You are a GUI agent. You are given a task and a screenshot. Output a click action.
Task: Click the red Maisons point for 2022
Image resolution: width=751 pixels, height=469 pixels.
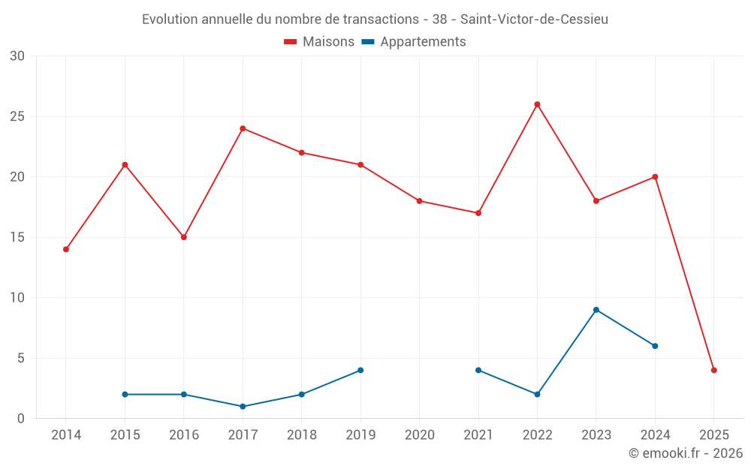pos(537,104)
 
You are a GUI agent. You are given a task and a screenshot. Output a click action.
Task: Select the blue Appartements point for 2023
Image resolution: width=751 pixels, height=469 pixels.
pos(596,310)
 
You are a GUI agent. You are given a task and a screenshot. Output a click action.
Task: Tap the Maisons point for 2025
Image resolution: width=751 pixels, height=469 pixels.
pos(714,370)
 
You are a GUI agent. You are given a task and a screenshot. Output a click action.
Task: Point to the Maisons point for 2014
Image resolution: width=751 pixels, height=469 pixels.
pos(66,249)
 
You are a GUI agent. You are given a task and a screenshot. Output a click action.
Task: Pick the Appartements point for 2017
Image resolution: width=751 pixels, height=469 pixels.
pos(243,407)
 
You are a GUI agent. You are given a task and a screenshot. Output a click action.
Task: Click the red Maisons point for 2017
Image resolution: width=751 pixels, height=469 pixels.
pos(243,128)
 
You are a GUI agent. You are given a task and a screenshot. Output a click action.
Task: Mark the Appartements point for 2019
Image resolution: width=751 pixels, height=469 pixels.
pos(360,370)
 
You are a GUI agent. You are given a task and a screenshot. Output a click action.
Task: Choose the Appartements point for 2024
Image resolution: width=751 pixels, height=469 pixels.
pos(655,346)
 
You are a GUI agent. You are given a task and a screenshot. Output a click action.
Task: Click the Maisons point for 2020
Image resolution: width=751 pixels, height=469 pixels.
pos(419,201)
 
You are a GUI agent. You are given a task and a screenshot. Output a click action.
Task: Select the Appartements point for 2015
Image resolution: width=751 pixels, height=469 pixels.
pos(125,395)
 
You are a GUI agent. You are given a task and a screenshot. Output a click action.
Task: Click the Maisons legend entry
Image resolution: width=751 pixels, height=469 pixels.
pos(319,42)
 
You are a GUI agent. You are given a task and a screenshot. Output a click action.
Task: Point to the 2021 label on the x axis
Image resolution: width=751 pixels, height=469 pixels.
pos(478,435)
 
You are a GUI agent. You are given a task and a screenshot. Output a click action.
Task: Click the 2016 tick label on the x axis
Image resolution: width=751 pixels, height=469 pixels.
pos(184,435)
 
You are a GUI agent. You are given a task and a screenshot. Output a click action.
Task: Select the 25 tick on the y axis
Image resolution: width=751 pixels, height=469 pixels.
pos(17,116)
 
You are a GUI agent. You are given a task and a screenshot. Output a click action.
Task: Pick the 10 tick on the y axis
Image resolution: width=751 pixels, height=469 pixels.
pos(17,298)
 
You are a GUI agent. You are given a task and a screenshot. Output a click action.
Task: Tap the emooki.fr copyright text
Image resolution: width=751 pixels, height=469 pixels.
pos(686,453)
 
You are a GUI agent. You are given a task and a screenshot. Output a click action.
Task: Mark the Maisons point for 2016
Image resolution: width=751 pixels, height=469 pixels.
pos(184,237)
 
